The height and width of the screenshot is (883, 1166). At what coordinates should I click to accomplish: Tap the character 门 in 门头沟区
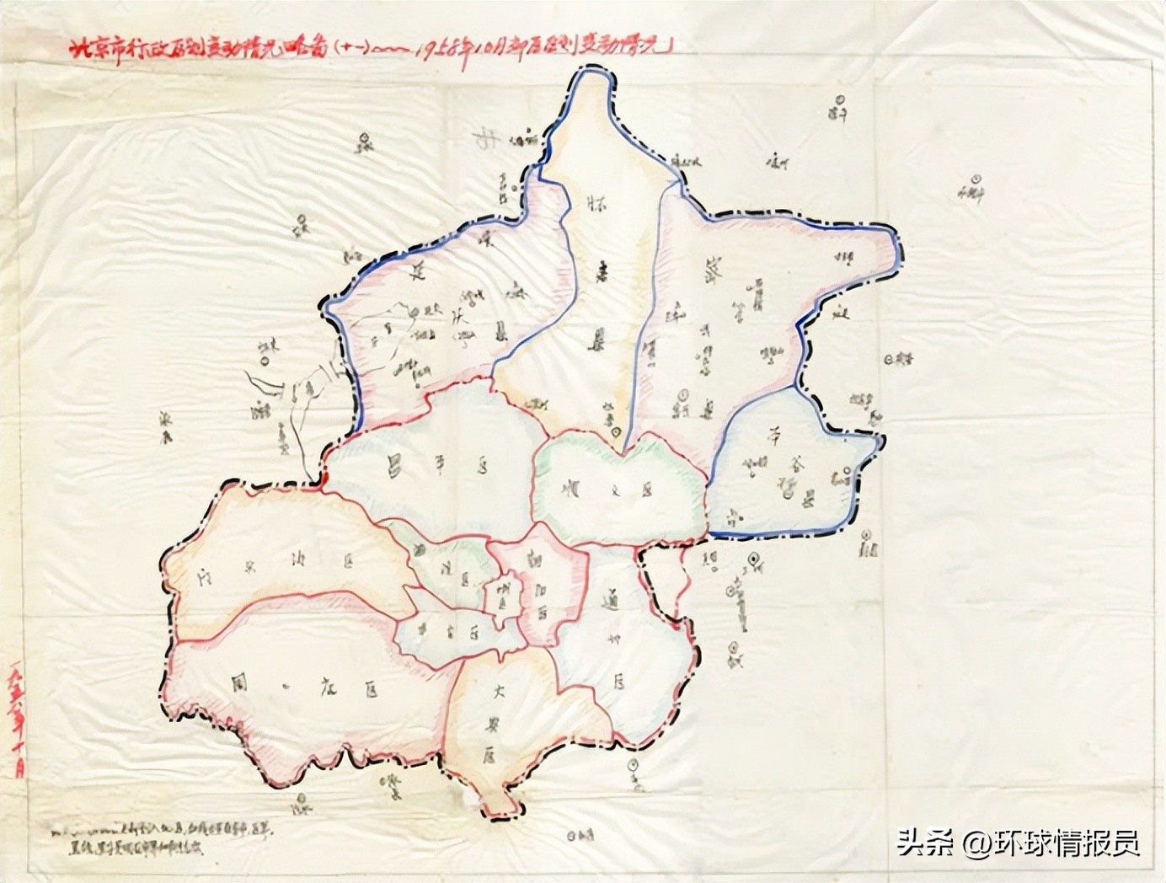tap(201, 574)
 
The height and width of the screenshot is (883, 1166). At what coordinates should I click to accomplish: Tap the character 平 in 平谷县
tap(773, 435)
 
